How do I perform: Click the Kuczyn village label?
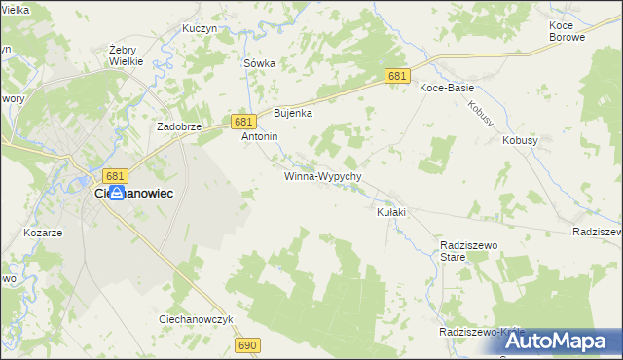pos(199,29)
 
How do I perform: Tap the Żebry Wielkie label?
pos(127,54)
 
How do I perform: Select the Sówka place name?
pos(259,63)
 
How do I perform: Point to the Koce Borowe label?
pos(567,30)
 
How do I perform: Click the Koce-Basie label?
pos(446,88)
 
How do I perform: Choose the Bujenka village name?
pos(292,113)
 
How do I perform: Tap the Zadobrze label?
pos(179,127)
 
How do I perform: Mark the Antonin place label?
pos(260,137)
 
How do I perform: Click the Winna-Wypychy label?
pos(323,177)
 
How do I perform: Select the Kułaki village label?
pos(390,212)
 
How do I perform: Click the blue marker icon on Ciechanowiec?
pos(116,194)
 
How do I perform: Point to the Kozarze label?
pos(43,234)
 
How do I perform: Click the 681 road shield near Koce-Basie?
pos(396,76)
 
